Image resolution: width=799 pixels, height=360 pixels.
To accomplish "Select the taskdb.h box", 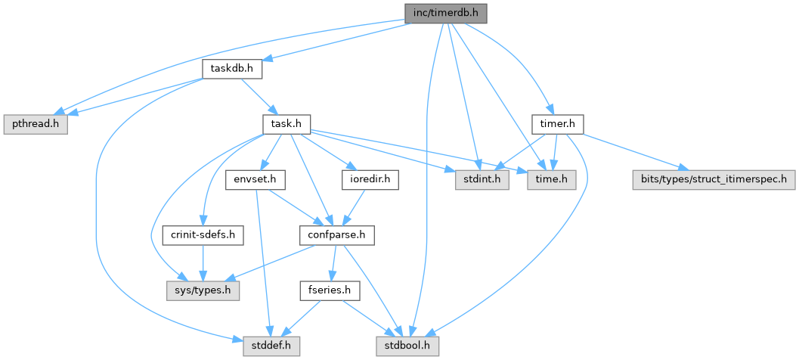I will tap(232, 69).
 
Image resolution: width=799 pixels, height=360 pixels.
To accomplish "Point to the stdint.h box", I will tap(480, 179).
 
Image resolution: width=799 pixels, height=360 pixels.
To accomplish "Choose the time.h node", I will tap(552, 179).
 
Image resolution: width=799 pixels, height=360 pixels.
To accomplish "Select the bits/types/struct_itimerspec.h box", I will tap(711, 179).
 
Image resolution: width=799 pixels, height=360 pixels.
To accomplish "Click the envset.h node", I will tap(254, 179).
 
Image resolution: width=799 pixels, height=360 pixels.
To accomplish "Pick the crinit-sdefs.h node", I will tap(203, 235).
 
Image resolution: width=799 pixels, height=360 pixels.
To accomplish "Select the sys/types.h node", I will tap(203, 290).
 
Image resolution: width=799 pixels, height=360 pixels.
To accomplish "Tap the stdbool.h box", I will tap(407, 346).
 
